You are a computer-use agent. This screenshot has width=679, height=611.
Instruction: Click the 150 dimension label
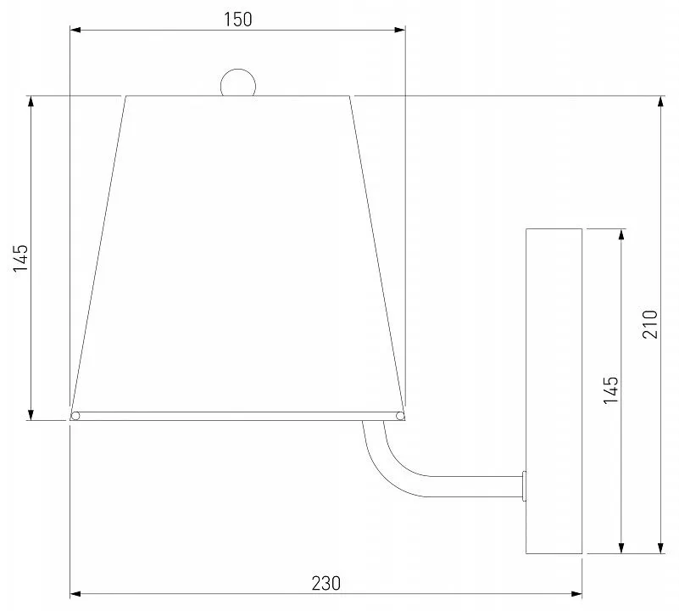click(x=237, y=20)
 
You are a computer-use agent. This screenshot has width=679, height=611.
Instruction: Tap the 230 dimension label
click(x=326, y=583)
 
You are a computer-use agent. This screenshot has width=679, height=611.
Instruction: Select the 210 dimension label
click(x=650, y=324)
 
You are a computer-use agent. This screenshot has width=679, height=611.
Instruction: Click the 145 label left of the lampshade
click(x=20, y=258)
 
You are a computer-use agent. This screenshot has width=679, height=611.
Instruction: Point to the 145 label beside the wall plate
click(x=611, y=390)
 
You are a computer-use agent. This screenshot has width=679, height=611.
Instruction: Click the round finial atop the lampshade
click(x=238, y=82)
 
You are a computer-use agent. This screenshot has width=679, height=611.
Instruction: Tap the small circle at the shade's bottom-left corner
click(x=75, y=417)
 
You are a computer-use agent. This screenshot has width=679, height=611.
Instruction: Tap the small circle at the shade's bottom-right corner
click(x=400, y=417)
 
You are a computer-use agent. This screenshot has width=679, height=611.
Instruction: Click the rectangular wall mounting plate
click(x=554, y=391)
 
